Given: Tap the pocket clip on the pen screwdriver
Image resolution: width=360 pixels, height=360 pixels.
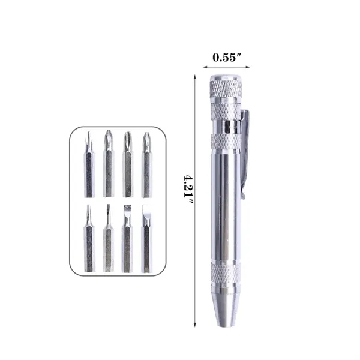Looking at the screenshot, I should click(x=246, y=150).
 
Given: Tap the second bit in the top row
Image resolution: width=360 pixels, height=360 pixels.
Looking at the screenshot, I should click(x=108, y=165).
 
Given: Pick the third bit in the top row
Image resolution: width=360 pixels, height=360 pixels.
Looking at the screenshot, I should click(x=127, y=165).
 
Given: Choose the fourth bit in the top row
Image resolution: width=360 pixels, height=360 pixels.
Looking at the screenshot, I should click(x=146, y=165).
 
